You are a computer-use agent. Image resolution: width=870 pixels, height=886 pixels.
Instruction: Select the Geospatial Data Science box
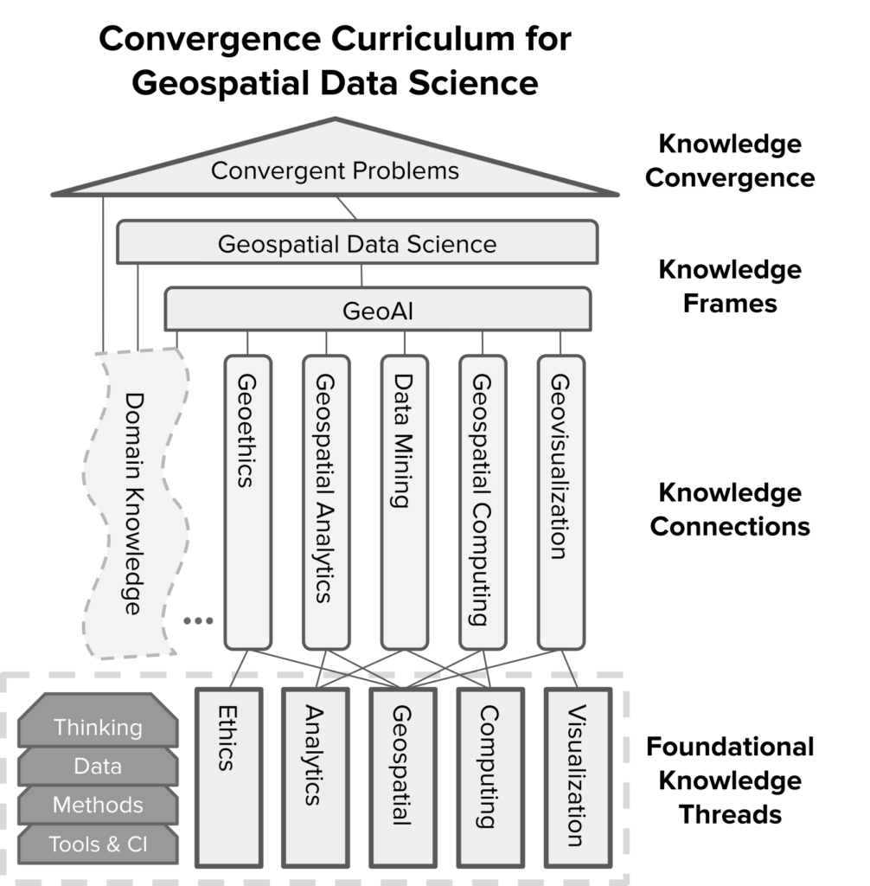(357, 242)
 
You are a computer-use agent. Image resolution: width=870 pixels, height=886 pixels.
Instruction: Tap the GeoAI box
(377, 310)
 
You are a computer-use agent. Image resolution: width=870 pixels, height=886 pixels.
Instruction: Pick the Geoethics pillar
(247, 502)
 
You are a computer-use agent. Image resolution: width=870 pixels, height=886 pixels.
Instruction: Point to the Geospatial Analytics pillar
(325, 502)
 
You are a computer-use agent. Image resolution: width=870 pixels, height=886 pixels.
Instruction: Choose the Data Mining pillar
(404, 502)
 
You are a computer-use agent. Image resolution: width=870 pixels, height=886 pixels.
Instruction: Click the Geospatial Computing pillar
(482, 502)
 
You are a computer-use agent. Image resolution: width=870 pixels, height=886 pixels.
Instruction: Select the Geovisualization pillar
(560, 502)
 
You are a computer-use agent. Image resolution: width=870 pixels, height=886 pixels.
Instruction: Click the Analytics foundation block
(315, 775)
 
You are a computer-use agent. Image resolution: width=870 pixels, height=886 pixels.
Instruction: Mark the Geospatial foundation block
(402, 775)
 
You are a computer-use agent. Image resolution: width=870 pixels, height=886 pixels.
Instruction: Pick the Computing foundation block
(489, 775)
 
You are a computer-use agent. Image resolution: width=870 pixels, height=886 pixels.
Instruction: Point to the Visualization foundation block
(578, 775)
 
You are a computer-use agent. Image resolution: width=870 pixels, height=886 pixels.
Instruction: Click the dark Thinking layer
(98, 727)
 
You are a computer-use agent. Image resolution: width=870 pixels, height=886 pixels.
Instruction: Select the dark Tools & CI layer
(98, 844)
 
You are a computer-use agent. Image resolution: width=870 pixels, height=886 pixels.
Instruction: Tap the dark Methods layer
(98, 805)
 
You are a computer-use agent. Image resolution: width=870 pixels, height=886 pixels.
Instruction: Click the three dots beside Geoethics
(198, 620)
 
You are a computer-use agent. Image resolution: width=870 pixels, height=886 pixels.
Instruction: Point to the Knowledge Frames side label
(729, 286)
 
